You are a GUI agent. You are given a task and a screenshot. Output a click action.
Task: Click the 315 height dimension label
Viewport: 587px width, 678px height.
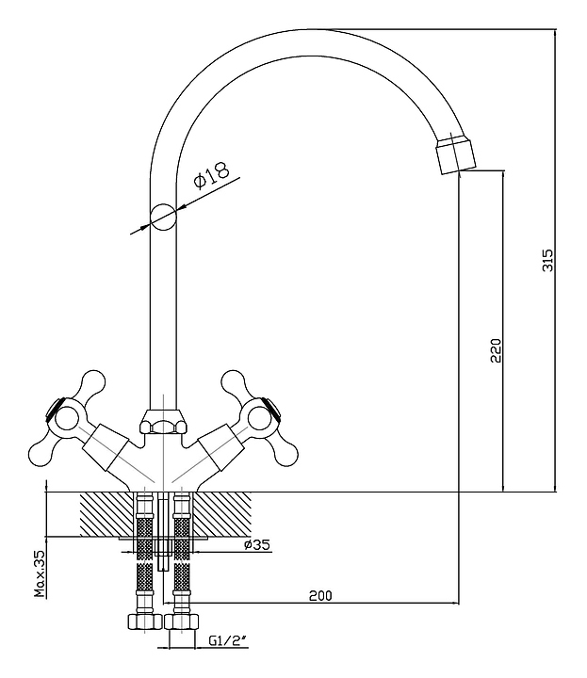[x=548, y=261]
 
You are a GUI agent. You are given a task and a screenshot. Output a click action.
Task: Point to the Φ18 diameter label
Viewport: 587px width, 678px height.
[x=211, y=177]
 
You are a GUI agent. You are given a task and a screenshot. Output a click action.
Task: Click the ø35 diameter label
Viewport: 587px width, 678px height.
[x=256, y=545]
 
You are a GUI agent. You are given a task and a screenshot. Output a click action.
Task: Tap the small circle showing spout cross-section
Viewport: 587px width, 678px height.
[x=163, y=218]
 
